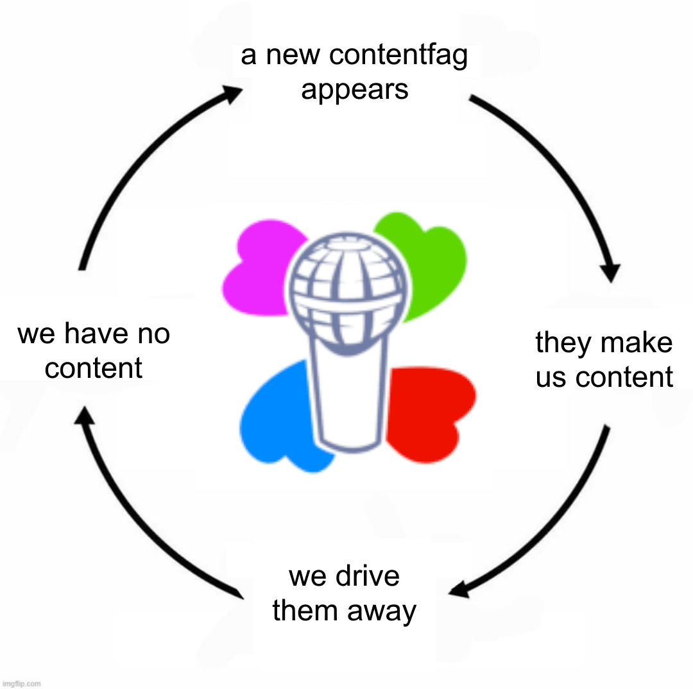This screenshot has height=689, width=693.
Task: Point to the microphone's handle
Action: point(348,398)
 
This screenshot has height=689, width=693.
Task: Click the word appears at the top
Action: point(354,90)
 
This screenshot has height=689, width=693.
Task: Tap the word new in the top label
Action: point(294,56)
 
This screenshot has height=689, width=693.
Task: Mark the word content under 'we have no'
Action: point(94,368)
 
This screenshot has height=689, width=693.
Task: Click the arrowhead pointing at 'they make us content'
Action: point(612,272)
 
